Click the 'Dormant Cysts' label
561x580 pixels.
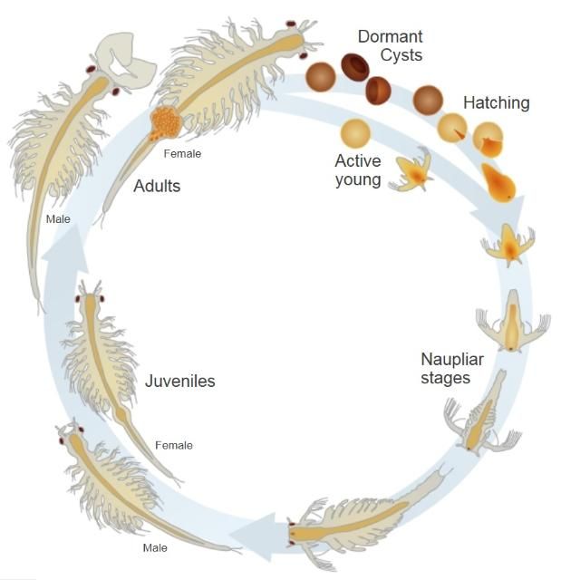point(390,46)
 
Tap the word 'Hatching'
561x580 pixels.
point(496,103)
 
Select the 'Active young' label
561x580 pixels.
point(358,169)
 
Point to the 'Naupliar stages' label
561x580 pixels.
point(452,368)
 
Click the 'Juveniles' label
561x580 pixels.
point(180,381)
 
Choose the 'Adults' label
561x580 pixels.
point(157,187)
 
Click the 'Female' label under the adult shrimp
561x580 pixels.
point(182,154)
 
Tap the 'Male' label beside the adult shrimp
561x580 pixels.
point(58,218)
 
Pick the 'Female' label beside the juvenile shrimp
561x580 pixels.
point(174,445)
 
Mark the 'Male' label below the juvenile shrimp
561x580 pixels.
point(155,547)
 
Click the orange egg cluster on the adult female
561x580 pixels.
point(166,122)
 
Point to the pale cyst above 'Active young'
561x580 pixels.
point(355,133)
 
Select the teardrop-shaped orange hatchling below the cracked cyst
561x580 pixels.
point(498,184)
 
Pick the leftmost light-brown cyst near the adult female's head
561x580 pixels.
point(320,76)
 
